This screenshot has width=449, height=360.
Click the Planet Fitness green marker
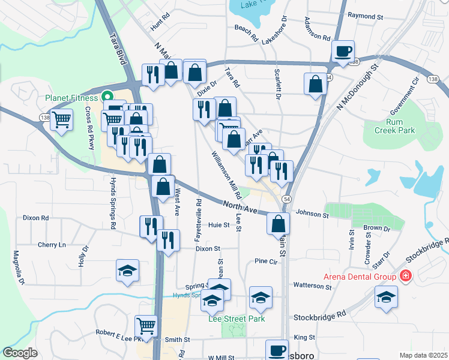pyautogui.click(x=107, y=96)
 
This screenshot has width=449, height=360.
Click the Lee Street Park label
pyautogui.click(x=237, y=319)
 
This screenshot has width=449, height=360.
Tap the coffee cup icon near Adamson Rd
pyautogui.click(x=343, y=50)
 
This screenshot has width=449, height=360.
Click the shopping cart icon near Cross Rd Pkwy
pyautogui.click(x=61, y=119)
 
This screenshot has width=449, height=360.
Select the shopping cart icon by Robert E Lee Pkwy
pyautogui.click(x=146, y=326)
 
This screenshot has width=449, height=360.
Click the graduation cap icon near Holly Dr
pyautogui.click(x=127, y=271)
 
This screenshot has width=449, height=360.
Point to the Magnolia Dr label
pyautogui.click(x=19, y=267)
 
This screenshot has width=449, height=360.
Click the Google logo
pyautogui.click(x=20, y=353)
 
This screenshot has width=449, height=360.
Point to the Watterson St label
pyautogui.click(x=312, y=287)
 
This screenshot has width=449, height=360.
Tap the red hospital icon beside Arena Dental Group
pyautogui.click(x=406, y=276)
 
